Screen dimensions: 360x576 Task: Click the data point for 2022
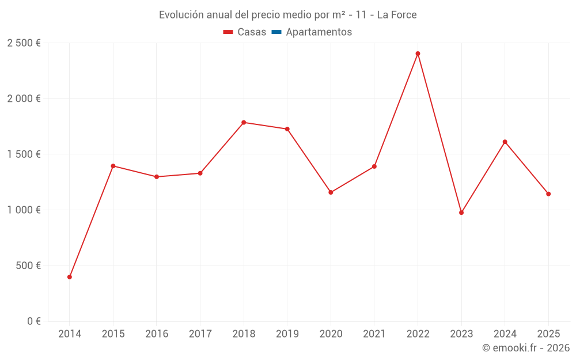click(x=418, y=54)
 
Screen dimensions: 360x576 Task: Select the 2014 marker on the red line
click(x=70, y=277)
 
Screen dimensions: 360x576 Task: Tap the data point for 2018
click(x=244, y=122)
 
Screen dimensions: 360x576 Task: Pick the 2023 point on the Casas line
click(x=461, y=213)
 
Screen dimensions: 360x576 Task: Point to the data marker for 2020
click(x=331, y=192)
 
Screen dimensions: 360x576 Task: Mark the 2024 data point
click(x=505, y=142)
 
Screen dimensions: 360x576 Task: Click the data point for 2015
click(x=113, y=166)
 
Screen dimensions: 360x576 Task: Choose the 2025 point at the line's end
click(x=548, y=194)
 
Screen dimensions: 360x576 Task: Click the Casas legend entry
click(x=252, y=32)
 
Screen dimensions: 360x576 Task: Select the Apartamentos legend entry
click(x=319, y=32)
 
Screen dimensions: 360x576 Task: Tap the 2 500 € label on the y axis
click(x=24, y=43)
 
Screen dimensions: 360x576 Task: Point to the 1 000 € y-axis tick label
click(x=24, y=210)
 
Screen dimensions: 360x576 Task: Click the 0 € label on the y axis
click(x=32, y=321)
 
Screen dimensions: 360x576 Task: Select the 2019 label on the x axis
click(x=287, y=334)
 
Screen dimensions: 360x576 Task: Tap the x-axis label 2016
click(x=157, y=334)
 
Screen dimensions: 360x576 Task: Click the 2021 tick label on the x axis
click(x=374, y=334)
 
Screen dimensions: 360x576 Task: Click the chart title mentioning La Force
click(x=287, y=15)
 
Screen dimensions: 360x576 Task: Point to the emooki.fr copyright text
click(x=525, y=348)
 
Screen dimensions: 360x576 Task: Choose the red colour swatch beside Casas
click(x=228, y=32)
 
